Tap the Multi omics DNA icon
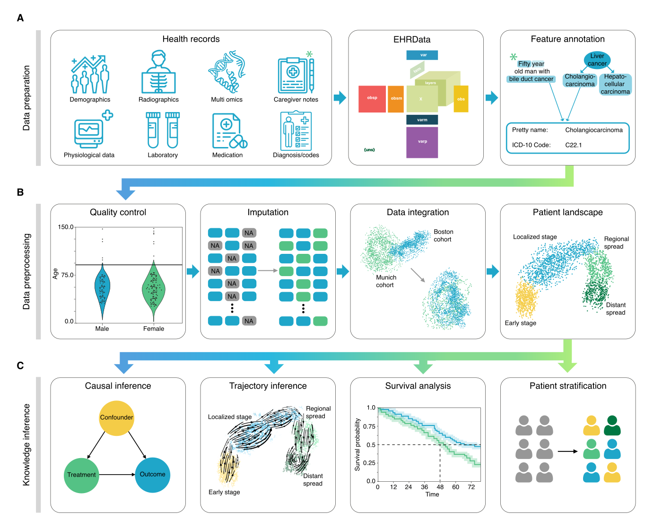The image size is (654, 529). click(227, 72)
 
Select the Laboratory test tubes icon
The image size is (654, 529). click(163, 130)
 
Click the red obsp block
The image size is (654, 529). click(372, 99)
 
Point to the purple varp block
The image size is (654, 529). click(422, 142)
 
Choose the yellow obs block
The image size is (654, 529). click(461, 99)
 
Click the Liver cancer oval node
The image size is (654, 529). click(597, 60)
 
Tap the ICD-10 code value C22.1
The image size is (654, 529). click(574, 145)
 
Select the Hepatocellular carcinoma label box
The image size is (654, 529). click(615, 84)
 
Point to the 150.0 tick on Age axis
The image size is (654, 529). click(66, 227)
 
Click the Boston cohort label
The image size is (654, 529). click(443, 235)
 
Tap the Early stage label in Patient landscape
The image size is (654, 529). click(520, 323)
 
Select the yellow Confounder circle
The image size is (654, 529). click(116, 418)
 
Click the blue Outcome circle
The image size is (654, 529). click(152, 475)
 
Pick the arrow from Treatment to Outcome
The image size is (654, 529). click(117, 475)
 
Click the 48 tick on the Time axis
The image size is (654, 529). click(440, 487)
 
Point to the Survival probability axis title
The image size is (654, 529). click(358, 444)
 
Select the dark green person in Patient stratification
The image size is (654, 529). click(612, 425)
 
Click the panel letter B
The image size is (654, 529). click(20, 192)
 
